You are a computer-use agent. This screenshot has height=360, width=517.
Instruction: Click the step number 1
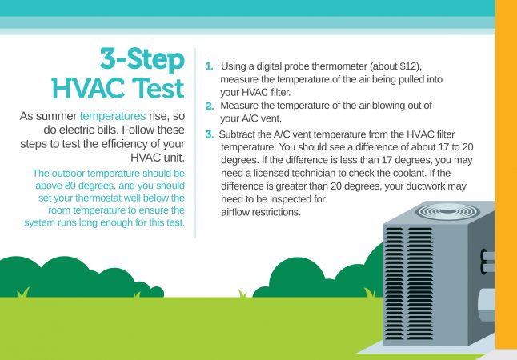209,64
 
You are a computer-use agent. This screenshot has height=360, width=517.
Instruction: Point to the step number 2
210,106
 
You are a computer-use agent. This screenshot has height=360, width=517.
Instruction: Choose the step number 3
210,134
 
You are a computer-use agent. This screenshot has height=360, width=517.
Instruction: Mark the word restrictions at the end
274,213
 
